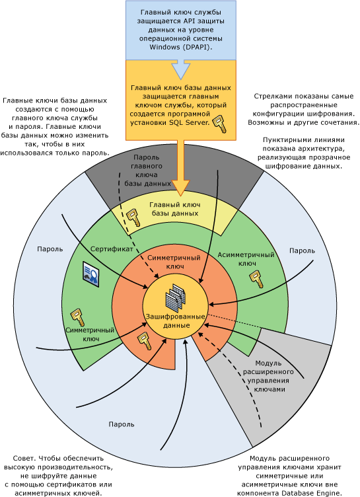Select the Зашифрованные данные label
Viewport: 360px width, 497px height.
[x=176, y=322]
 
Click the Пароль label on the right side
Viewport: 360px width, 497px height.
[x=302, y=250]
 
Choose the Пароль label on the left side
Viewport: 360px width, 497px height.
[x=50, y=250]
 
